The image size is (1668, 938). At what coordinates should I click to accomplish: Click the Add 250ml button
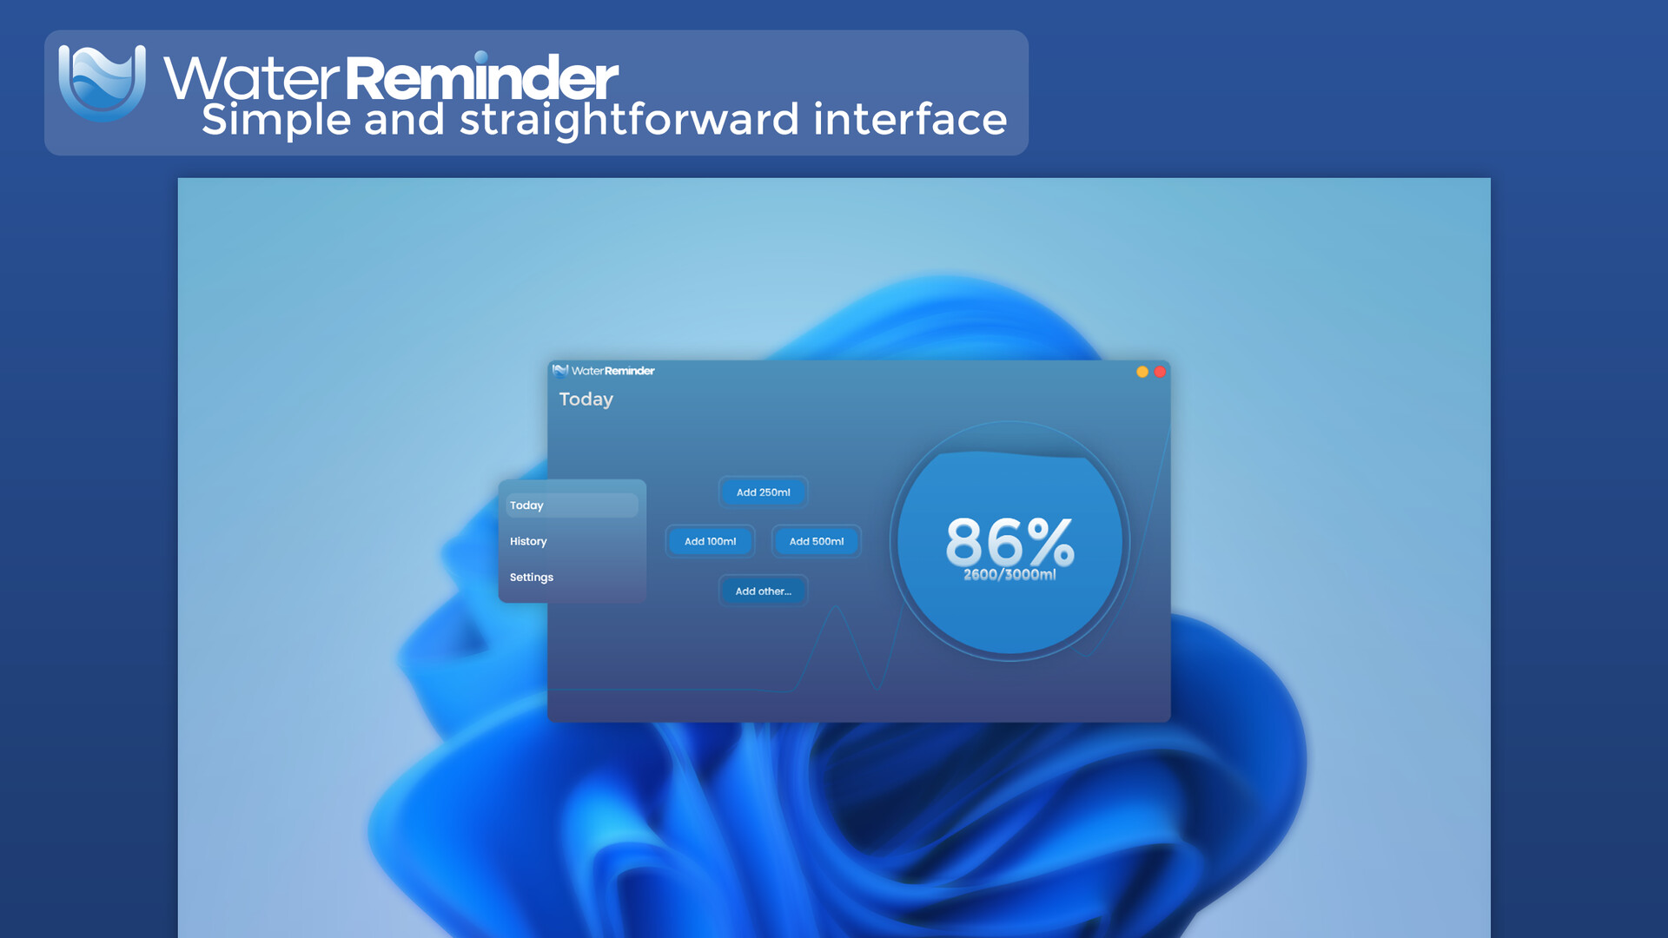click(x=763, y=492)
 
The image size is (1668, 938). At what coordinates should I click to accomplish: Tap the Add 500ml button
click(x=816, y=541)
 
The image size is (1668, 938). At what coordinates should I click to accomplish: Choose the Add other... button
click(x=763, y=591)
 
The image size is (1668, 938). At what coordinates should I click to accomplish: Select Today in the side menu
click(x=572, y=505)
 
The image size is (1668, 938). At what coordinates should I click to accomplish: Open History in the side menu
click(x=528, y=541)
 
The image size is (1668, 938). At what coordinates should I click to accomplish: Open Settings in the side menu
click(x=531, y=578)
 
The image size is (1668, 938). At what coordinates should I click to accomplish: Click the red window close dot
click(x=1160, y=372)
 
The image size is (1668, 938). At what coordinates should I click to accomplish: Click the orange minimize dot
click(x=1142, y=372)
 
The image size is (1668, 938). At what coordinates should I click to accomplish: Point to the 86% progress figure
click(x=1009, y=541)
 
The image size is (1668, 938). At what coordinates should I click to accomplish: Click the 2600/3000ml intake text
click(x=1009, y=575)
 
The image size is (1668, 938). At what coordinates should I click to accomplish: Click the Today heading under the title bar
click(x=586, y=400)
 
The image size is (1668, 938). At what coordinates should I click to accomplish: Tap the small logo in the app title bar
click(x=560, y=371)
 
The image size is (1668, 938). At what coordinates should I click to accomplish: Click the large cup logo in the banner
click(x=102, y=83)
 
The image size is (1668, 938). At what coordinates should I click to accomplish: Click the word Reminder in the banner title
click(x=481, y=77)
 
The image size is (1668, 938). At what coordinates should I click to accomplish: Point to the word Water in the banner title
click(x=251, y=77)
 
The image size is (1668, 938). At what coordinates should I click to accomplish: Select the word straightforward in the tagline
click(x=629, y=120)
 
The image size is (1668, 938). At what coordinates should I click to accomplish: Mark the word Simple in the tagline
click(x=276, y=120)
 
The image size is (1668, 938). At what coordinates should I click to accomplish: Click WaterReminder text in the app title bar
click(x=612, y=371)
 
